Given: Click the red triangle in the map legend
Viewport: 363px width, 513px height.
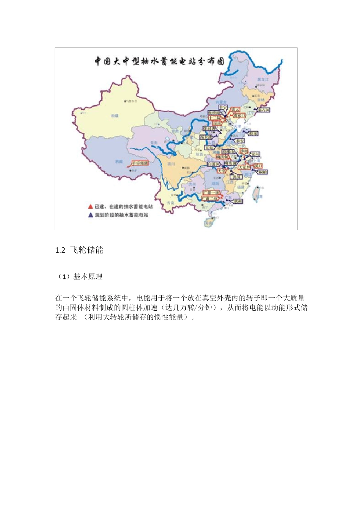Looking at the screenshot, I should [x=90, y=206].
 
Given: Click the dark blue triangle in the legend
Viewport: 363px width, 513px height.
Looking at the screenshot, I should [x=90, y=215].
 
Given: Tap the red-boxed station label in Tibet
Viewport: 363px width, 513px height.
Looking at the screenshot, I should [x=139, y=163].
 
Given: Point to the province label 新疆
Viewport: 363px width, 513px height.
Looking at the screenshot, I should [x=115, y=115].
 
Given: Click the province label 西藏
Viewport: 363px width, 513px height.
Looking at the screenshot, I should [x=119, y=162].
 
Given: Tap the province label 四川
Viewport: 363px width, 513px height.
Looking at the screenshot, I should [x=171, y=164].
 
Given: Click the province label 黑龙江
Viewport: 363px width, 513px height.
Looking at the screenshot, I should [x=263, y=79].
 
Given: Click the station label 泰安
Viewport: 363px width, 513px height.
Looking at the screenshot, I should [x=240, y=141].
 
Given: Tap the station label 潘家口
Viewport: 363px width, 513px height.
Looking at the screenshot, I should [x=239, y=115].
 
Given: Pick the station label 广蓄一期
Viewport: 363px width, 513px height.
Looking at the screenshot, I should [x=211, y=193].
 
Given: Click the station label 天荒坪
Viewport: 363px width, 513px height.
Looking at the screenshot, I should [x=244, y=167].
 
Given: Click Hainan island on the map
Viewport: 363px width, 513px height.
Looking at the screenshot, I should [x=209, y=222].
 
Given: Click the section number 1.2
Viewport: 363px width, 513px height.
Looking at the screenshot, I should [x=60, y=250].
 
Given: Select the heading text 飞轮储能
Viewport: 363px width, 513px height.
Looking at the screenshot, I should [x=87, y=250].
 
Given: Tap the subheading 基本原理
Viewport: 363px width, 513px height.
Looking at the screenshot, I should [x=88, y=277].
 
